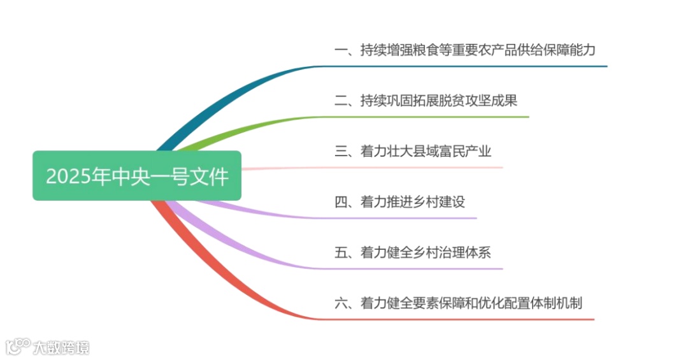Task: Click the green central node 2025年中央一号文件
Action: point(137,176)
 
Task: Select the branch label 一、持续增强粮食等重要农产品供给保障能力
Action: point(465,50)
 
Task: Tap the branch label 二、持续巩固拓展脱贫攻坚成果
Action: point(426,101)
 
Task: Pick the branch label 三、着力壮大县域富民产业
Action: point(413,152)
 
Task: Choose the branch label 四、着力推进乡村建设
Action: point(399,202)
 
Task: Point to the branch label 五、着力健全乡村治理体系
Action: point(413,253)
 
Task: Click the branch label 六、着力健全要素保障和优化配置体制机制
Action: point(458,303)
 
